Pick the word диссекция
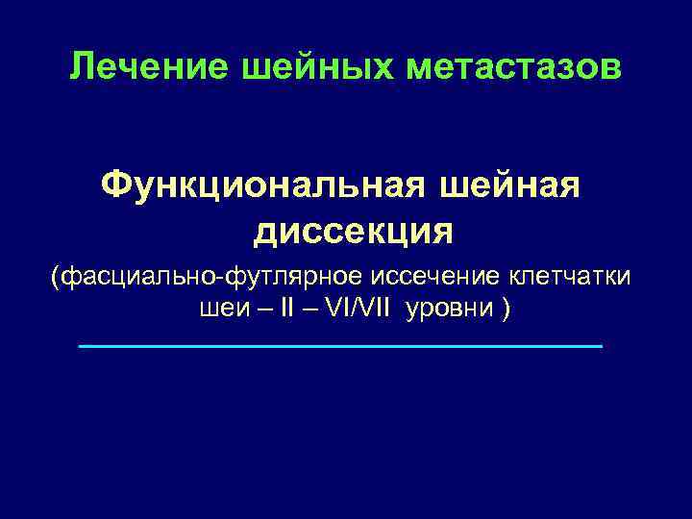(354, 231)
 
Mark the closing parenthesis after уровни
(506, 311)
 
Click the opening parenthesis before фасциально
(57, 278)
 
